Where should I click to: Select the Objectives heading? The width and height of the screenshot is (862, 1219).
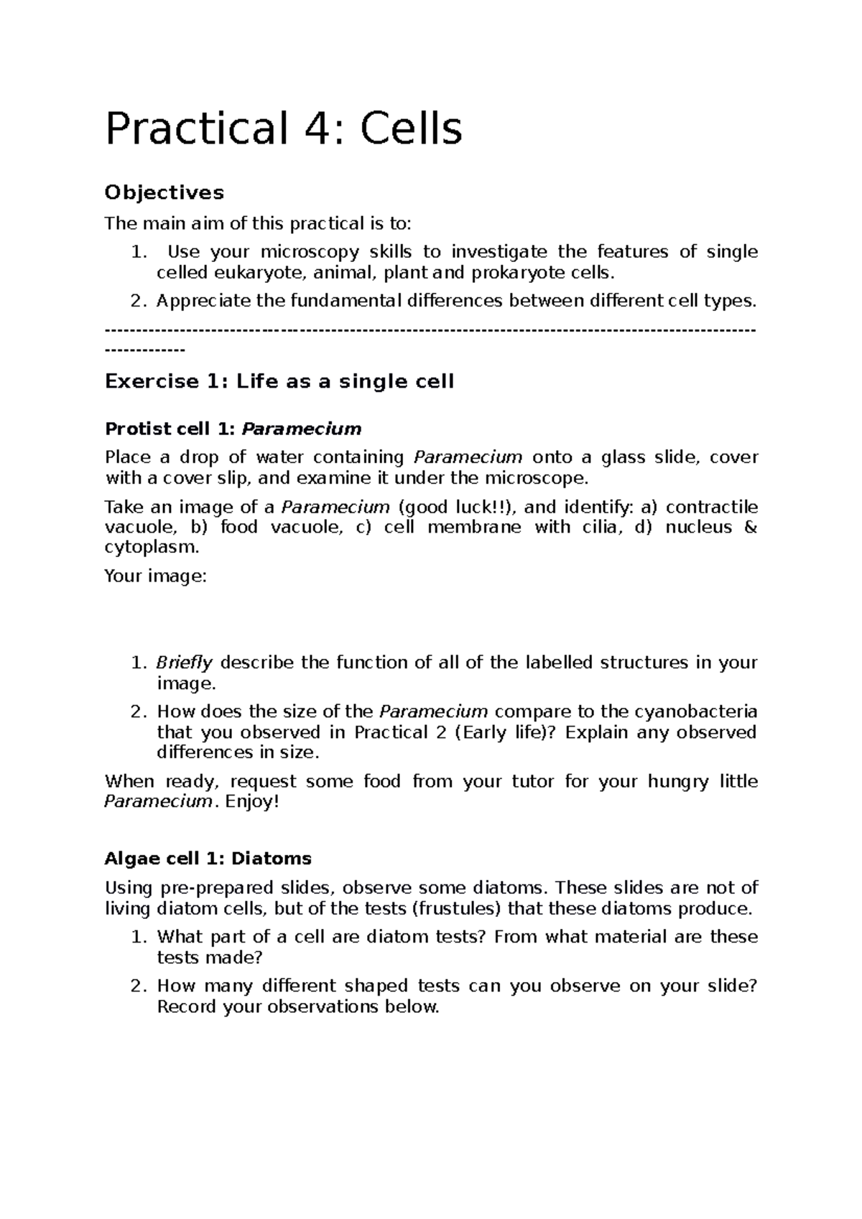point(164,192)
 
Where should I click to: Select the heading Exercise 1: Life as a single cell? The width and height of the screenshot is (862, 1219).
point(279,381)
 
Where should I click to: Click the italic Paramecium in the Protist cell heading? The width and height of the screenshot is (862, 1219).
point(302,429)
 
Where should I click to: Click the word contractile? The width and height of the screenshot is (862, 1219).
point(711,508)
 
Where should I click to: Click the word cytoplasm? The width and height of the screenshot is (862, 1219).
point(150,548)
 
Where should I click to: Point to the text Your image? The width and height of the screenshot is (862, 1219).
point(155,576)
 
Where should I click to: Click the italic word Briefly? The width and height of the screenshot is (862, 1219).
point(185,663)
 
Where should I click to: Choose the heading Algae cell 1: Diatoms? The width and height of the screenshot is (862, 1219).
point(208,859)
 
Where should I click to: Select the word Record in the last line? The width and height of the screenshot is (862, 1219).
point(187,1007)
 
